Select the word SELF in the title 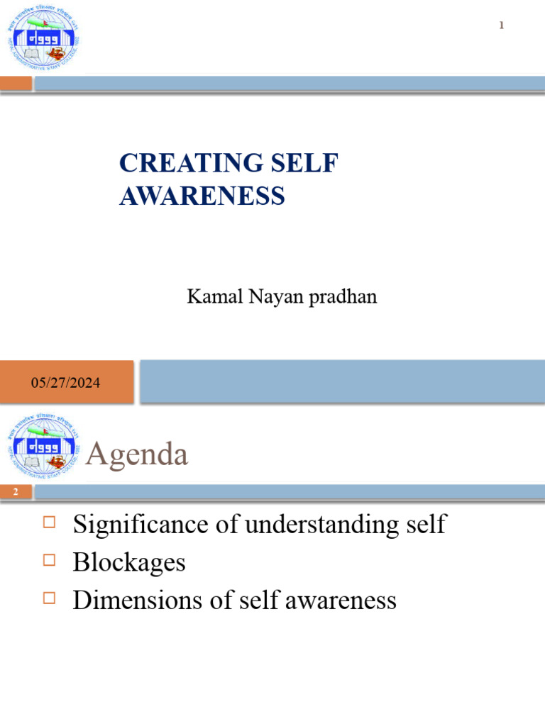click(x=310, y=163)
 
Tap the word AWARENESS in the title click(x=202, y=196)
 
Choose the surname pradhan click(x=343, y=297)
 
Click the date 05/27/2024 click(x=65, y=383)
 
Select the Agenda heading click(x=136, y=454)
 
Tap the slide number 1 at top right click(x=501, y=26)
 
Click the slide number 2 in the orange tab click(x=15, y=492)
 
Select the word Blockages click(x=129, y=562)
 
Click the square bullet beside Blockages click(x=49, y=561)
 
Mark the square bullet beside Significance click(x=49, y=523)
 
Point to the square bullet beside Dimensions click(x=49, y=598)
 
